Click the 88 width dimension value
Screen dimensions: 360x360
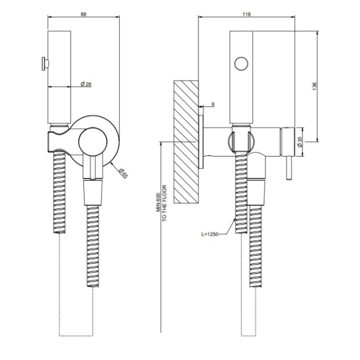(83, 14)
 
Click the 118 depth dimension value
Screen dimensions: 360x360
(246, 14)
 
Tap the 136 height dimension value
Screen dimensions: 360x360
(314, 86)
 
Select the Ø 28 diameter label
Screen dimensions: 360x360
(86, 84)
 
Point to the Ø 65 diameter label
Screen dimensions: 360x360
(123, 173)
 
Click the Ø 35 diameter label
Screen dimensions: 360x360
(299, 142)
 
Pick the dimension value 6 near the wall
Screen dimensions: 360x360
(213, 104)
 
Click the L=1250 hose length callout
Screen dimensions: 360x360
(209, 234)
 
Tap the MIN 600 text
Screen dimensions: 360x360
(158, 202)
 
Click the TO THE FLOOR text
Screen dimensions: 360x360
(164, 203)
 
